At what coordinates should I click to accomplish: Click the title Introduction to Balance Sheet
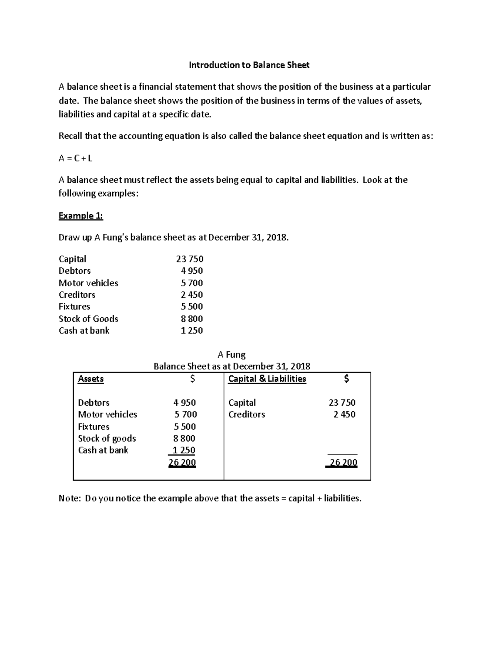(249, 65)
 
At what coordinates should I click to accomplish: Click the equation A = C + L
(75, 158)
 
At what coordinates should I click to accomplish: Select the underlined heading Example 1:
(81, 216)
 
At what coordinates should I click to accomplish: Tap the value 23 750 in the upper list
(190, 259)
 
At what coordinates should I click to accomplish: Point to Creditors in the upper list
(77, 295)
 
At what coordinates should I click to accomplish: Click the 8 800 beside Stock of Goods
(192, 319)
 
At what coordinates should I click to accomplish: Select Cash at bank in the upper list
(84, 331)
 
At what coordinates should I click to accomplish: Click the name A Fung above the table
(232, 355)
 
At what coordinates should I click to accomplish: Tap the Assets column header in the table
(91, 379)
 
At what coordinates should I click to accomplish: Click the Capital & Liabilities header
(267, 379)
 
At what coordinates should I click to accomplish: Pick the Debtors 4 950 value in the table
(185, 403)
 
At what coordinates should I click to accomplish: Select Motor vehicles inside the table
(107, 414)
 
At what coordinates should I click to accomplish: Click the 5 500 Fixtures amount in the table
(185, 427)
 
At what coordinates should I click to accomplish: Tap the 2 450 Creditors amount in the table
(344, 414)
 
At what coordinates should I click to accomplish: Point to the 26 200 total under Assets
(182, 463)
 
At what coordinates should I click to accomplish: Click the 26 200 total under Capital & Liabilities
(343, 463)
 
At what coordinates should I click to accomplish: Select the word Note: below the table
(69, 498)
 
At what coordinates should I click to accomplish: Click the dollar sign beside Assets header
(192, 379)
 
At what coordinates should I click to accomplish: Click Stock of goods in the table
(107, 439)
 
